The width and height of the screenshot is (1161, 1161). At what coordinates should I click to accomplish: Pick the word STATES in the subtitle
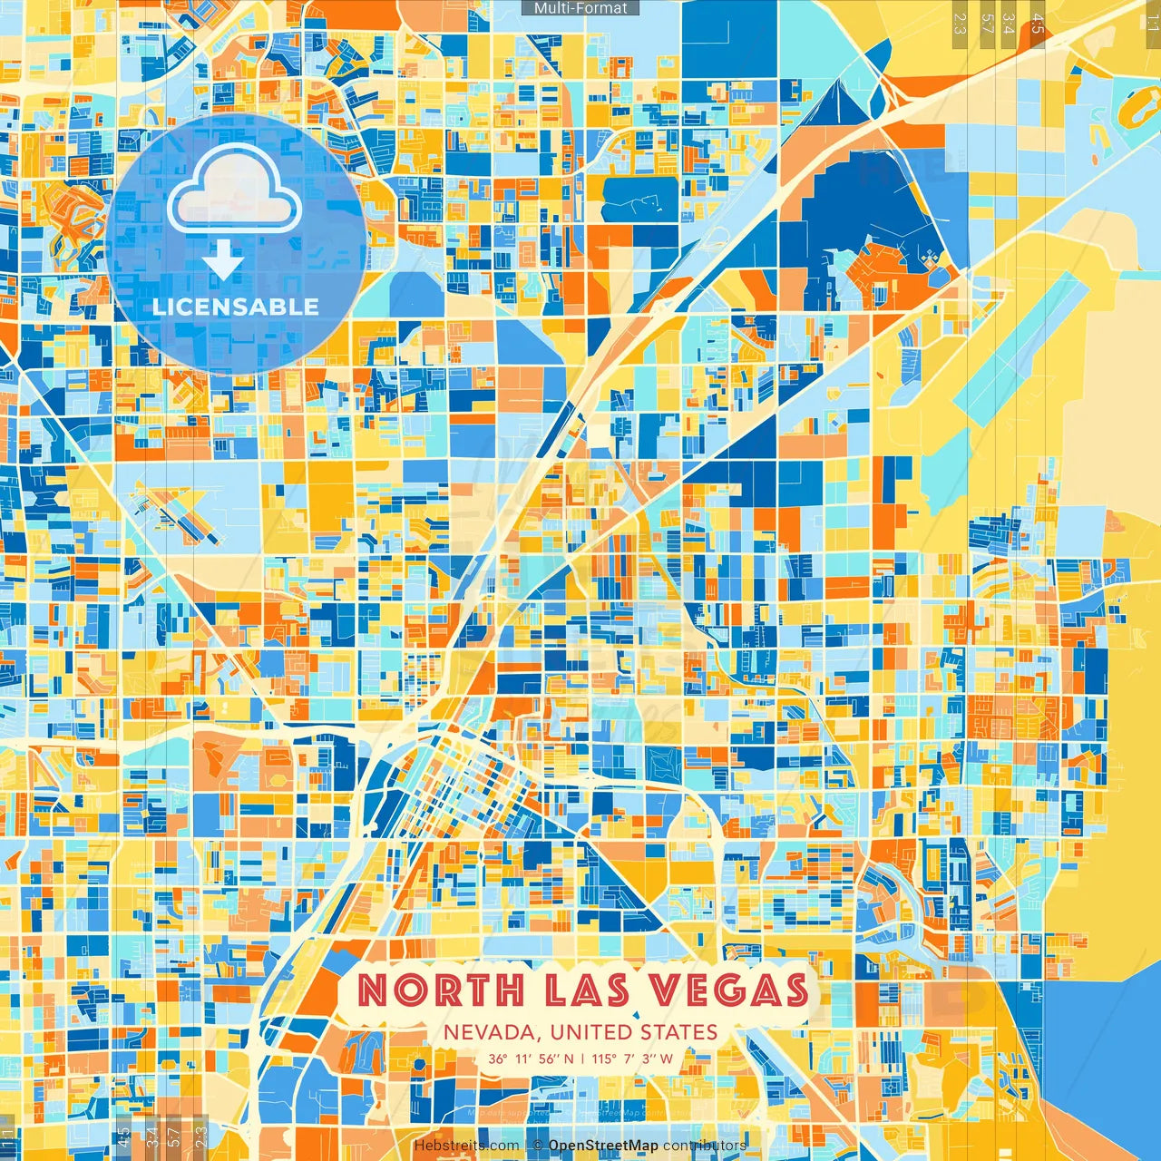point(678,1032)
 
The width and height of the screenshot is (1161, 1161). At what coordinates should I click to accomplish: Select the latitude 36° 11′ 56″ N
point(530,1059)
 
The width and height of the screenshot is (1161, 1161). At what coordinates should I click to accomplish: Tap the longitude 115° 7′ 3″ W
point(633,1059)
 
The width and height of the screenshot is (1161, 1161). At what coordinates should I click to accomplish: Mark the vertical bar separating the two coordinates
point(582,1059)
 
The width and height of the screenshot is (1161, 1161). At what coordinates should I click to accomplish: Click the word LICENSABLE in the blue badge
point(236,307)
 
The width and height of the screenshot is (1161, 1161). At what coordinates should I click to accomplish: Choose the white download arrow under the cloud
point(223,260)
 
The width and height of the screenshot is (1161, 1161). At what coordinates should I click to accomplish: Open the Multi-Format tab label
point(580,8)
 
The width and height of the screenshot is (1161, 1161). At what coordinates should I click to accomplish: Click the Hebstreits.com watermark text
point(466,1146)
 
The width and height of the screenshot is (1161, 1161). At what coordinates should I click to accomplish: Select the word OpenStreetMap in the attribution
point(603,1146)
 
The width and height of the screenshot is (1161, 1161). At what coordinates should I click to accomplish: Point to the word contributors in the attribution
point(705,1146)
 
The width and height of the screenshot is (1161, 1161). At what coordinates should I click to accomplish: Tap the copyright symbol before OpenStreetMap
point(538,1146)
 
